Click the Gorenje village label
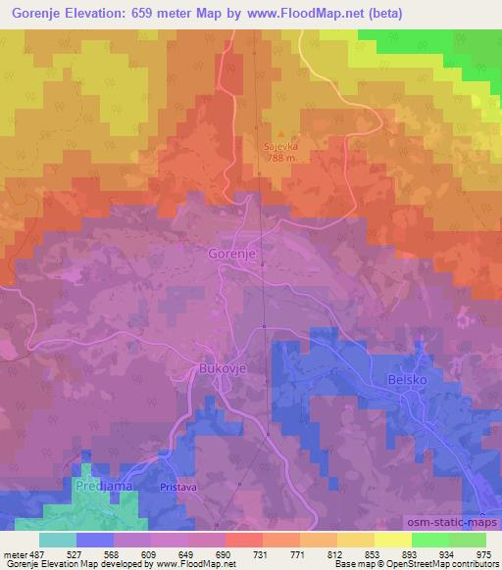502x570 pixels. tap(232, 254)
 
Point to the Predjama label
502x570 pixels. tap(99, 485)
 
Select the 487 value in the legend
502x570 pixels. tap(32, 554)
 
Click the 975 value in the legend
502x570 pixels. tap(483, 554)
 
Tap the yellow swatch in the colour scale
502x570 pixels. tap(392, 540)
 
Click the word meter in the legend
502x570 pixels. tap(12, 554)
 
